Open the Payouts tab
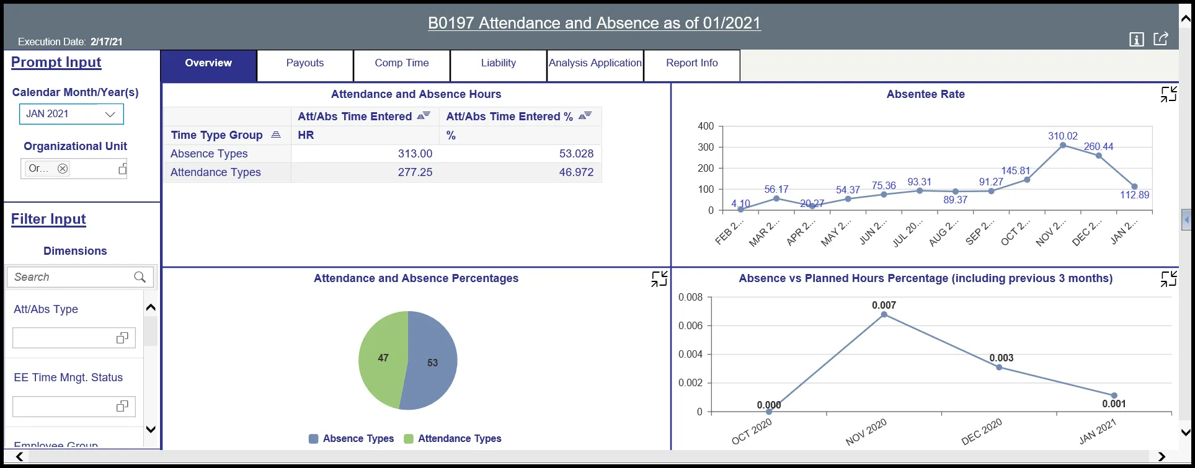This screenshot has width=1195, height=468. pyautogui.click(x=304, y=63)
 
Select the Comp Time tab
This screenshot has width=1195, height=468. pyautogui.click(x=401, y=63)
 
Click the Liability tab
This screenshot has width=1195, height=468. pyautogui.click(x=498, y=63)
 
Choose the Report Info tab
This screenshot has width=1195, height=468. pyautogui.click(x=691, y=63)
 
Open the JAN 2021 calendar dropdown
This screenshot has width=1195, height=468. pyautogui.click(x=71, y=114)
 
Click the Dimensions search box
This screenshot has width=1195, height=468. pyautogui.click(x=71, y=277)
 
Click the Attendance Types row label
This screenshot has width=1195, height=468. pyautogui.click(x=215, y=172)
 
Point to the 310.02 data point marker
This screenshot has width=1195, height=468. pyautogui.click(x=1063, y=146)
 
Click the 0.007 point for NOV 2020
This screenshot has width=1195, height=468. pyautogui.click(x=884, y=315)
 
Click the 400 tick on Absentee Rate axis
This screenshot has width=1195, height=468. pyautogui.click(x=706, y=126)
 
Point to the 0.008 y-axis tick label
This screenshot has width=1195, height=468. pyautogui.click(x=690, y=298)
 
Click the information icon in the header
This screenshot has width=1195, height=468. pyautogui.click(x=1136, y=40)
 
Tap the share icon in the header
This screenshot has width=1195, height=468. pyautogui.click(x=1160, y=39)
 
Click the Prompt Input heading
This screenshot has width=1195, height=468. pyautogui.click(x=56, y=63)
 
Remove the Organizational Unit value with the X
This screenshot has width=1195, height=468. pyautogui.click(x=63, y=169)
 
